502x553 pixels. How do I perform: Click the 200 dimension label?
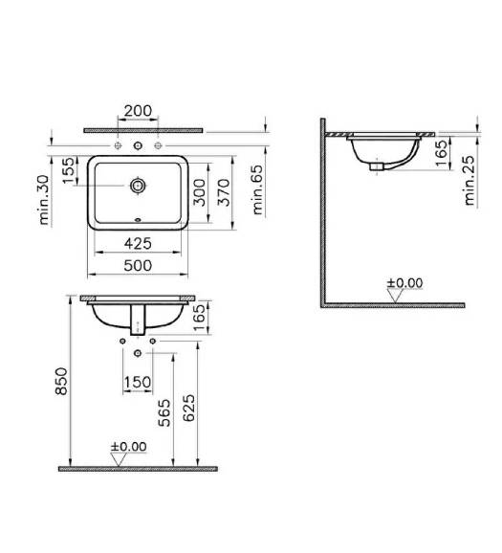(x=139, y=111)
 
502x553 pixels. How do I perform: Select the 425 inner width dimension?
(x=139, y=243)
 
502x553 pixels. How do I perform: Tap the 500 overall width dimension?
(x=139, y=265)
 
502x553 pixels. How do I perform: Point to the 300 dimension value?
(x=200, y=192)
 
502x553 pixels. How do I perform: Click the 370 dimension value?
(x=224, y=192)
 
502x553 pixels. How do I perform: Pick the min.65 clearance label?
(x=258, y=189)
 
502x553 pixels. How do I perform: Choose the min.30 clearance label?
(x=44, y=200)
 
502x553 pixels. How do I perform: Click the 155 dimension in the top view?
(x=69, y=170)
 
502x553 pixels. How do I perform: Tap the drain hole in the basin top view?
(x=138, y=186)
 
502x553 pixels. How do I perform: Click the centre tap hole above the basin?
(x=138, y=145)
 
